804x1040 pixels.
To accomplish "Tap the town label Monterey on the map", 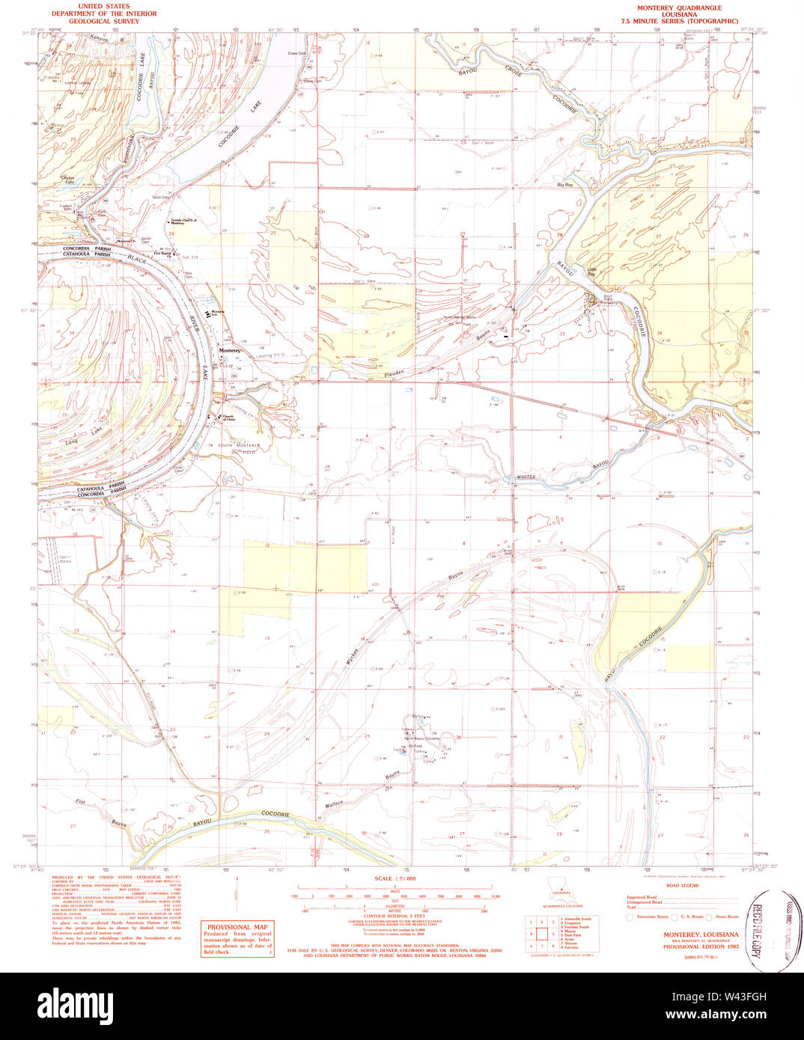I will [229, 350].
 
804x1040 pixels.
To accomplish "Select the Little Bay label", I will [591, 275].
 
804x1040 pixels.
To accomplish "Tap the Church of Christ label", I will [230, 418].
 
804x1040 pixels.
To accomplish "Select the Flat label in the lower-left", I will [80, 801].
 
